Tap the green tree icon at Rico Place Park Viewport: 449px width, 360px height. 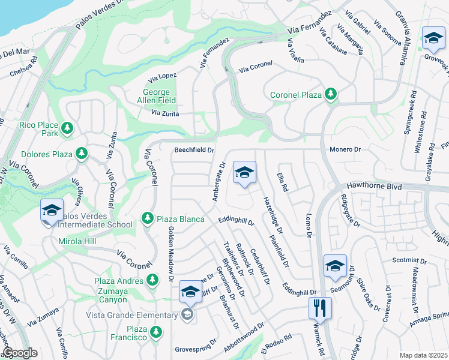click(67, 128)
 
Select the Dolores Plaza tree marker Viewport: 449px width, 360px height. click(80, 154)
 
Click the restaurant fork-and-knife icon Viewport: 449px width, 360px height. click(319, 308)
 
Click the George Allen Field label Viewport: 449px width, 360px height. click(159, 97)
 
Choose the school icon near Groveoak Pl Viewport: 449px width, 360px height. click(432, 38)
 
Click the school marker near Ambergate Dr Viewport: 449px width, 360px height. click(244, 173)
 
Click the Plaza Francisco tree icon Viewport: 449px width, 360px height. click(156, 331)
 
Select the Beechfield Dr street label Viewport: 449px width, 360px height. click(194, 150)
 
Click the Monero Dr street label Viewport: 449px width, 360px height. click(345, 149)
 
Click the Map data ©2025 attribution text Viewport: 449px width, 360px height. click(424, 355)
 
